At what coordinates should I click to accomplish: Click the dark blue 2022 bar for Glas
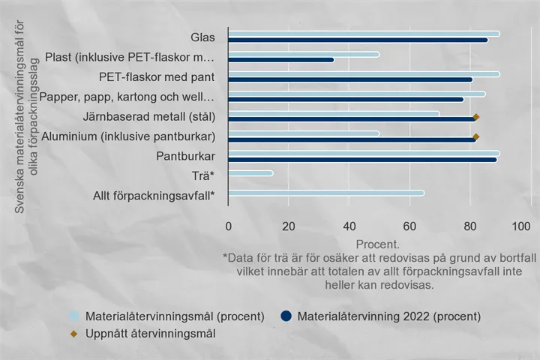(358, 40)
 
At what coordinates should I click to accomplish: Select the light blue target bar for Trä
(250, 173)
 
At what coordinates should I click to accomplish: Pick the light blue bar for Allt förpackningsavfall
(325, 193)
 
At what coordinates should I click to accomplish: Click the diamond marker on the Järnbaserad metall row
(476, 117)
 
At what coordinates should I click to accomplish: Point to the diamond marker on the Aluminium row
(476, 136)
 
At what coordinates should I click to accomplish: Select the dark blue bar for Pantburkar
(362, 159)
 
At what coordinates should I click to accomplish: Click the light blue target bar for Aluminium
(304, 133)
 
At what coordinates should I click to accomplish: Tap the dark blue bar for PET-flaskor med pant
(350, 79)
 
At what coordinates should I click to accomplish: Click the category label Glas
(203, 37)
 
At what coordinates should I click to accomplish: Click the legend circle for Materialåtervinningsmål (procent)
(73, 316)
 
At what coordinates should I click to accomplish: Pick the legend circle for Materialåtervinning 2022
(286, 316)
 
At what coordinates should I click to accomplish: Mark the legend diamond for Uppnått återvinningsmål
(73, 334)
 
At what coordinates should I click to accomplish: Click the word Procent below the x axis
(376, 244)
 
